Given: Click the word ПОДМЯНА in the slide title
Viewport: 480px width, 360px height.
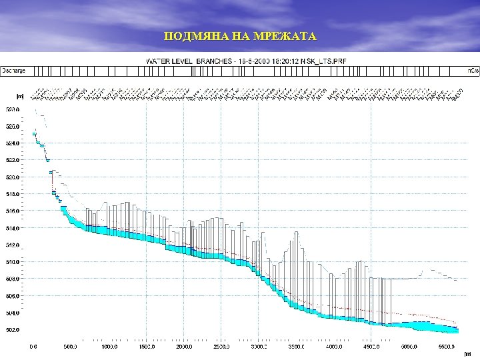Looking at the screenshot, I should tap(190, 36).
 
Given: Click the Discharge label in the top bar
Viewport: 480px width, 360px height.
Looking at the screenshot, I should tap(13, 69).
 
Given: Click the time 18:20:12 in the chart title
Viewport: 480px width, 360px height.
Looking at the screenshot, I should tap(285, 61).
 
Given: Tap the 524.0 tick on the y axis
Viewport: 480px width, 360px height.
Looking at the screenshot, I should tap(13, 143).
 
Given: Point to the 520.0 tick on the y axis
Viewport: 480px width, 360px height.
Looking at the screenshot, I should tap(13, 177).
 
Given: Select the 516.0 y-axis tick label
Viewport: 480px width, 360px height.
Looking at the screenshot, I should tap(13, 211).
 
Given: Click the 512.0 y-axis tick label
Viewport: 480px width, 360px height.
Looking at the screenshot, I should tap(13, 245).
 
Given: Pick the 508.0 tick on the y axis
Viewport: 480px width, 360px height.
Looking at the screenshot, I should tap(13, 279).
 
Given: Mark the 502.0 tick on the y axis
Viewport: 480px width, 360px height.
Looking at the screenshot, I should tap(13, 330).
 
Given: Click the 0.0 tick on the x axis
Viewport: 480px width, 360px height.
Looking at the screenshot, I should tap(33, 347).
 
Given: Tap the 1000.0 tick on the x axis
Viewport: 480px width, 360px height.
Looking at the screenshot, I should tap(109, 347).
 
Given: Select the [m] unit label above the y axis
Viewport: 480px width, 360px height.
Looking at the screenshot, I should tap(20, 96).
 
